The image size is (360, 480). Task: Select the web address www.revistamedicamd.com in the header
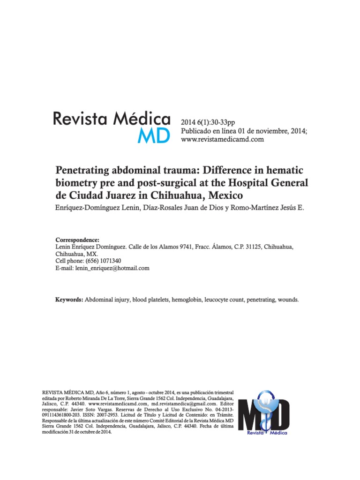(223, 139)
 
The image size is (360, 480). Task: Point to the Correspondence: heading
(77, 239)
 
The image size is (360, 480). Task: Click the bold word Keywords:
(69, 299)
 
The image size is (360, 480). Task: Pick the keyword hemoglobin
(186, 299)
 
